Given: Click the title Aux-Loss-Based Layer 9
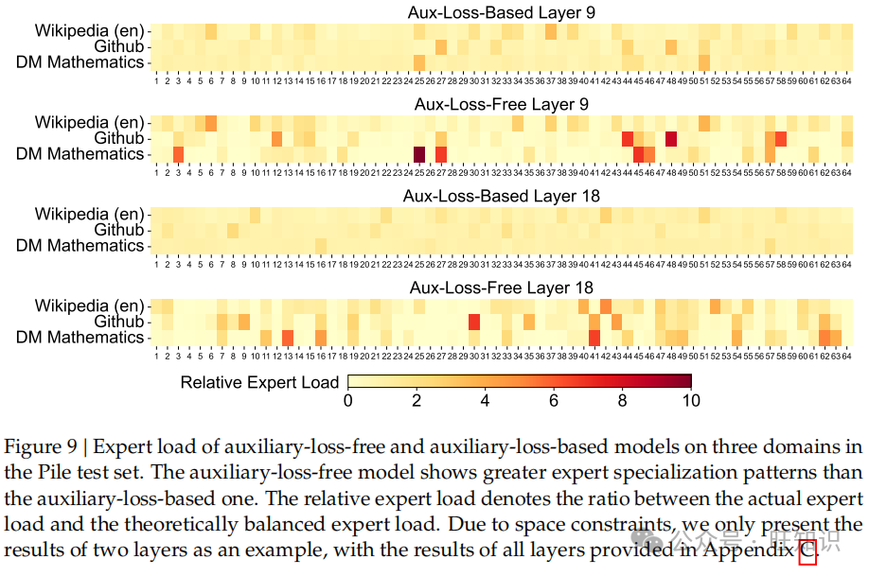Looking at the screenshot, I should tap(502, 12).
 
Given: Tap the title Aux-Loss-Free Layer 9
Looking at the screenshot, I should tap(502, 104).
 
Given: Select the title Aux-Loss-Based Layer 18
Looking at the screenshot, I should tap(502, 196).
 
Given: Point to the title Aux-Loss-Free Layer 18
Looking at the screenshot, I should tap(502, 288).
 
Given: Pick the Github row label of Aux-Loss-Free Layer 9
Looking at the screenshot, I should tap(119, 138).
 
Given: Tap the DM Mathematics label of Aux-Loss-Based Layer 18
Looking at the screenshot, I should tap(80, 246).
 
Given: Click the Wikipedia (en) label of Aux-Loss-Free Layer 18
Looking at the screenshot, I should tap(90, 305).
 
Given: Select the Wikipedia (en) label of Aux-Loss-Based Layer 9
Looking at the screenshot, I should tap(90, 30).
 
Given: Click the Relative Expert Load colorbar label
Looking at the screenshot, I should tap(259, 382).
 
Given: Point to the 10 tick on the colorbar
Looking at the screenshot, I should tap(691, 401).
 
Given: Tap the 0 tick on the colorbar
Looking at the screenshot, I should tap(348, 401).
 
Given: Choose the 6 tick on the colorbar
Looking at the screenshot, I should tap(554, 401).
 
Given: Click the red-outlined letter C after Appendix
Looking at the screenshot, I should tap(807, 550).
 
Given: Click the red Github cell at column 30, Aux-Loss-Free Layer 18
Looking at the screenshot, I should tap(474, 322).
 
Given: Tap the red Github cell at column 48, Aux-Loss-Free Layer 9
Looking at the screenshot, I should tap(671, 139).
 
